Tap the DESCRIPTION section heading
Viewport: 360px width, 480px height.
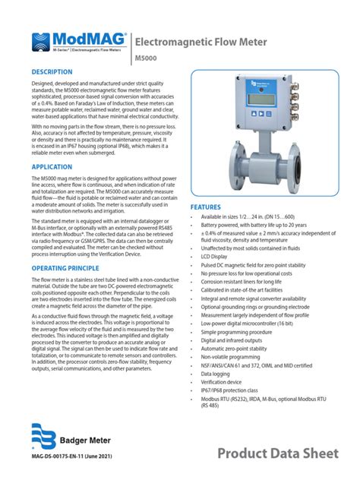52,71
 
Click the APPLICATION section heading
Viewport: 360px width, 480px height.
52,166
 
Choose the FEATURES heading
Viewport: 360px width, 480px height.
206,207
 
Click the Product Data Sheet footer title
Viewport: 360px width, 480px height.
276,453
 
